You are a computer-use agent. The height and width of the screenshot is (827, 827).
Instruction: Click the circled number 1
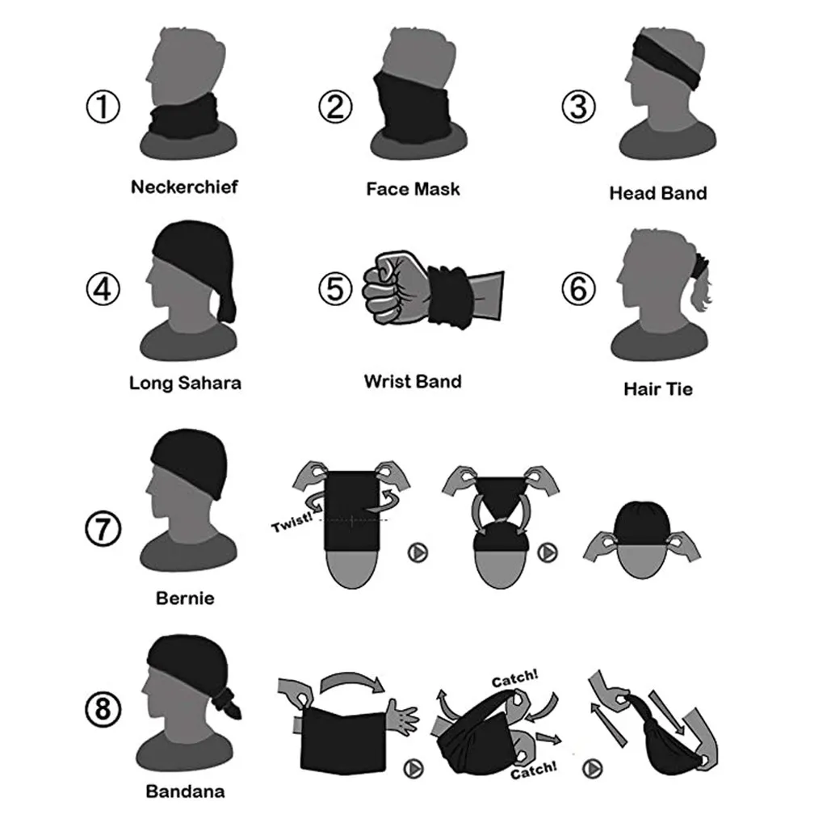pyautogui.click(x=103, y=107)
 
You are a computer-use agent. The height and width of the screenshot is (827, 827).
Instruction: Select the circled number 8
pyautogui.click(x=103, y=710)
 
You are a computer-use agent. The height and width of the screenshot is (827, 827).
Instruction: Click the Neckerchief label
pyautogui.click(x=184, y=187)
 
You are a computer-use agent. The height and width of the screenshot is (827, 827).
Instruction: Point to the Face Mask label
pyautogui.click(x=413, y=189)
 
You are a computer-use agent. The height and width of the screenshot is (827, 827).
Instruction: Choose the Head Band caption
pyautogui.click(x=657, y=193)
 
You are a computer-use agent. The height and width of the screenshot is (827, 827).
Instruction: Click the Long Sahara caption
pyautogui.click(x=185, y=383)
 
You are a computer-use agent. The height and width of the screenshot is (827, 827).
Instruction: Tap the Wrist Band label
pyautogui.click(x=413, y=380)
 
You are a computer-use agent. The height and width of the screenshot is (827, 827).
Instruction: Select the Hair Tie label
pyautogui.click(x=657, y=389)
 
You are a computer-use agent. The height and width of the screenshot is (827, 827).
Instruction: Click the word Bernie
pyautogui.click(x=185, y=599)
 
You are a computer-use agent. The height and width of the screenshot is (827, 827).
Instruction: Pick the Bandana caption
pyautogui.click(x=185, y=791)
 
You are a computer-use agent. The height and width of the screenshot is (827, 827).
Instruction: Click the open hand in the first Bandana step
pyautogui.click(x=401, y=713)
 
